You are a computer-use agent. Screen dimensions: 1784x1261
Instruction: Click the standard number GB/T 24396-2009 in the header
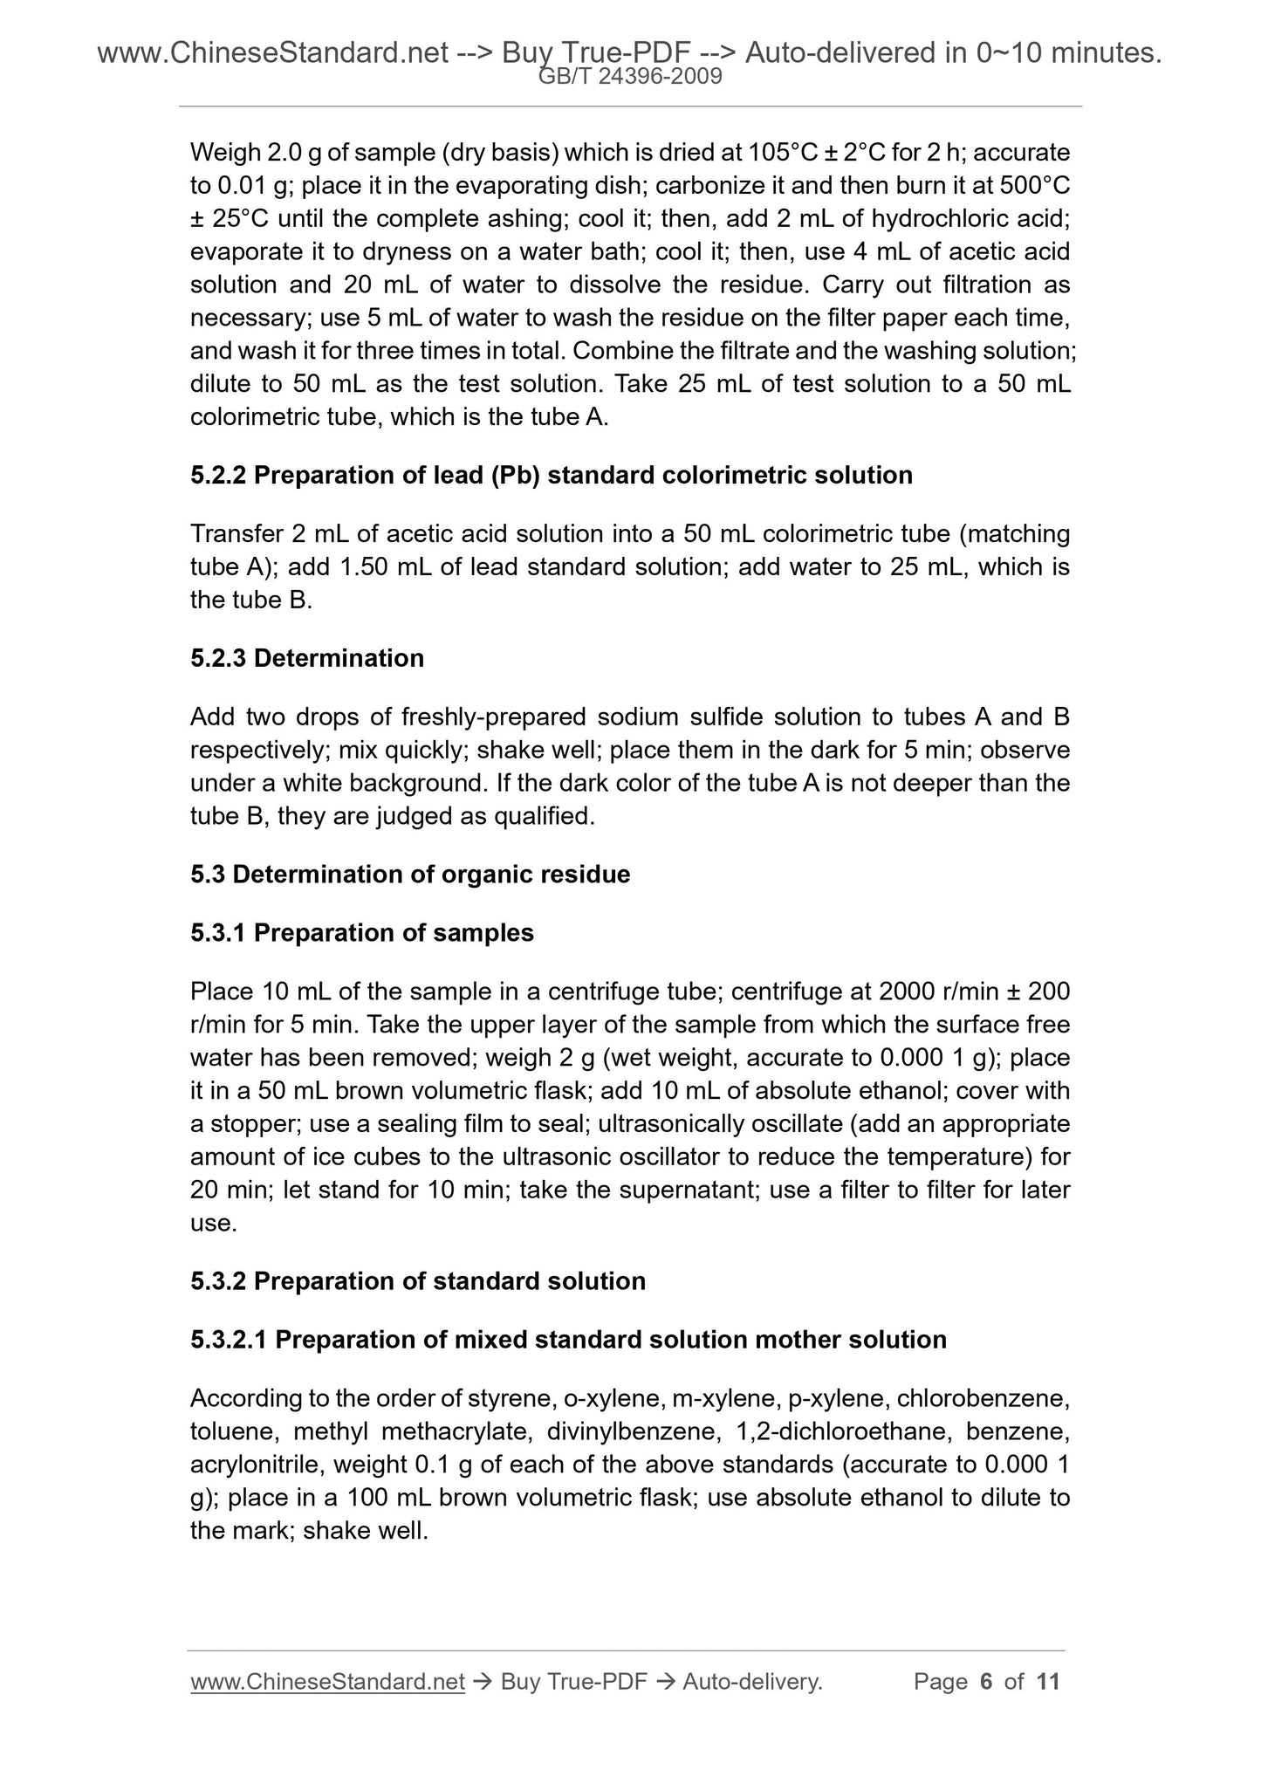coord(630,77)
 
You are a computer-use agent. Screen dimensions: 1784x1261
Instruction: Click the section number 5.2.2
coord(218,476)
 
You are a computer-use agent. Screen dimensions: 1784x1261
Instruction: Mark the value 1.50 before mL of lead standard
coord(363,567)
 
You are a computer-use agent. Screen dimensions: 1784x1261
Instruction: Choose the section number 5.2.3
coord(218,658)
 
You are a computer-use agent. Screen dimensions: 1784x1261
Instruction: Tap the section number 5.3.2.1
coord(229,1340)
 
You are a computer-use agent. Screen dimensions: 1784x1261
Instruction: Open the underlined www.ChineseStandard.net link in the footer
coord(327,1682)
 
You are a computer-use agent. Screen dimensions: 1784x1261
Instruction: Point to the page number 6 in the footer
coord(987,1682)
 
